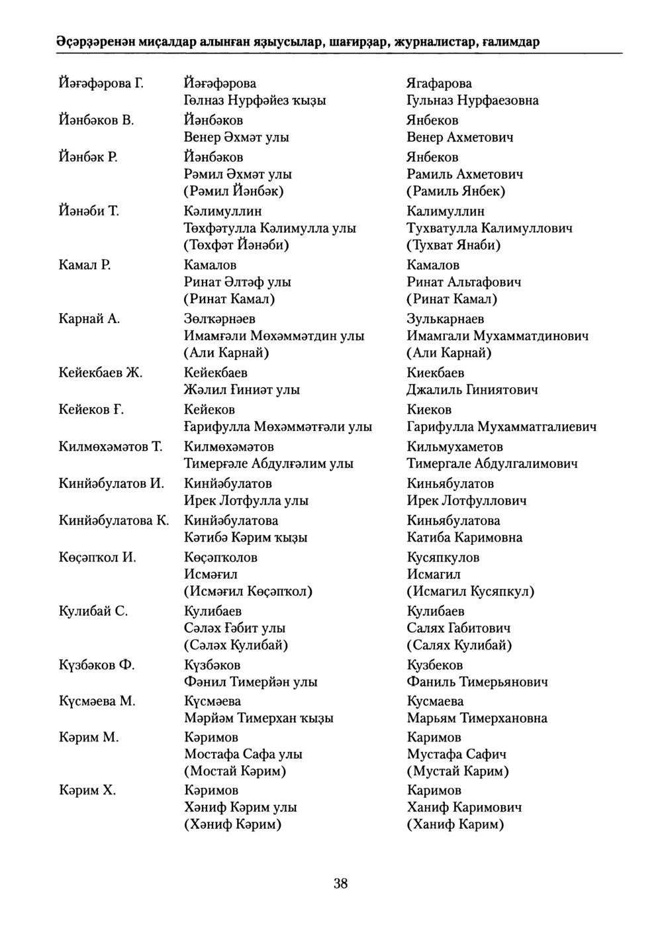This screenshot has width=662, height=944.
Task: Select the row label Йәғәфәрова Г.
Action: [x=101, y=83]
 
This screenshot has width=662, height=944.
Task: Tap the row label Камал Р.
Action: [x=84, y=265]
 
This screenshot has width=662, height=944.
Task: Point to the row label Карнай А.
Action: [x=89, y=319]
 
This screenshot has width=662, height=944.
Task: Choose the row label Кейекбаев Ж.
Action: [x=101, y=373]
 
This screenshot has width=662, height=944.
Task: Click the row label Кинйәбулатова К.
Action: [x=114, y=520]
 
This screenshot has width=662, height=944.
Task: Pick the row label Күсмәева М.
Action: [x=97, y=701]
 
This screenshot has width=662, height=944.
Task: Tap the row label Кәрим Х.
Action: [x=87, y=790]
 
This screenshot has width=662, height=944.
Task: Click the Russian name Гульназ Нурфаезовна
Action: [x=472, y=101]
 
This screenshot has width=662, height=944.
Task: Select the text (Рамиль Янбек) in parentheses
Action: [x=455, y=191]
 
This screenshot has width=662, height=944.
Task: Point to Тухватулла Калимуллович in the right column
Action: [x=489, y=228]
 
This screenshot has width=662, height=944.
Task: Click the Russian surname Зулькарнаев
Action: [x=445, y=319]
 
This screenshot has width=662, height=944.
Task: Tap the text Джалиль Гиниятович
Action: [x=472, y=390]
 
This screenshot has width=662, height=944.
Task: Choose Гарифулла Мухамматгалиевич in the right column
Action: [x=501, y=427]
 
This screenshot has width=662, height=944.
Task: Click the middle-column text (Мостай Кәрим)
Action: [x=235, y=771]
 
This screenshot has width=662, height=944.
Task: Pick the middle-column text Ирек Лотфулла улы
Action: [x=246, y=500]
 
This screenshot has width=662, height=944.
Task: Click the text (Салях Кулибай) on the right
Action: [x=459, y=645]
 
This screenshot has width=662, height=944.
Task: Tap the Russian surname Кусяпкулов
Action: [x=443, y=557]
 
